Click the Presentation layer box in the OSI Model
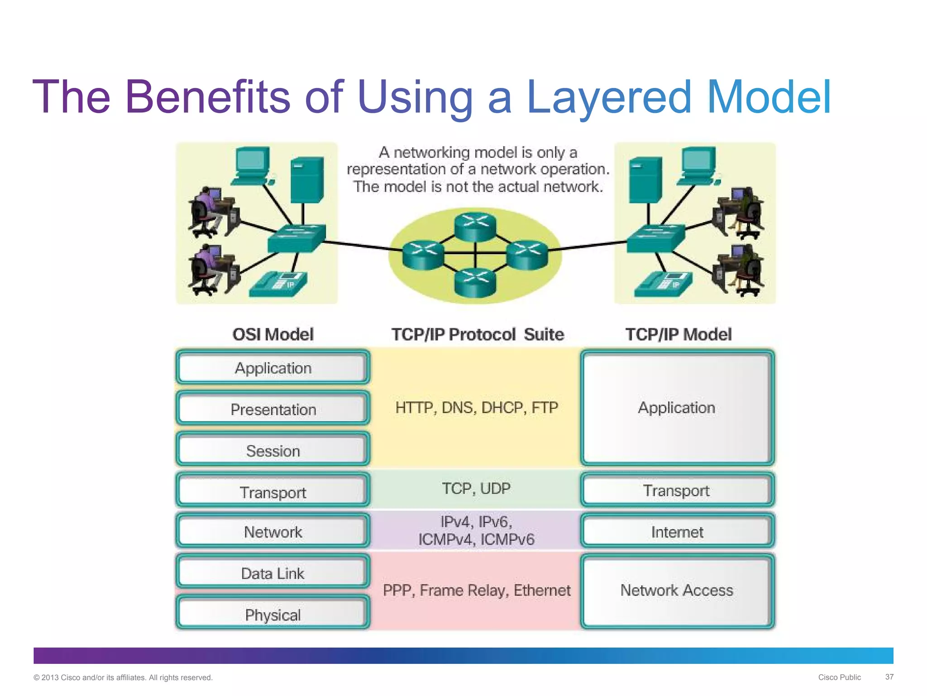(273, 409)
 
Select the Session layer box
(273, 450)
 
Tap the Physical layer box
(273, 614)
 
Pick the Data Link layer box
(273, 573)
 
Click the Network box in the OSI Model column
(273, 532)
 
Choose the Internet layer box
(677, 532)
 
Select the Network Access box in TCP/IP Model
(677, 590)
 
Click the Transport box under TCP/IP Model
(677, 490)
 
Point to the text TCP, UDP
(476, 488)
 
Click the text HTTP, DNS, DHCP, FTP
(476, 407)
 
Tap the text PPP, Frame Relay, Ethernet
(476, 590)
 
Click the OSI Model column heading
(273, 334)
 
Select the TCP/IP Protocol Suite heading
(478, 334)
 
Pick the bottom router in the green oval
(475, 281)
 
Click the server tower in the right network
(645, 180)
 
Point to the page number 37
(889, 677)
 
